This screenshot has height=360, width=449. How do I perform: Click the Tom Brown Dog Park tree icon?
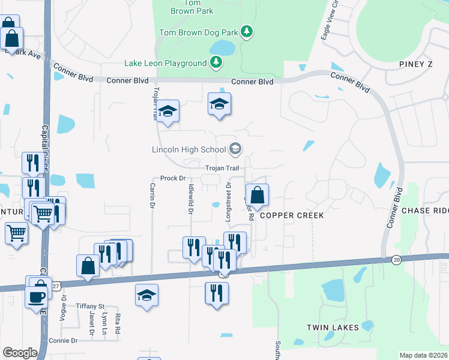(247, 31)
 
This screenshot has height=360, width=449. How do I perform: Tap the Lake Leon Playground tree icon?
(215, 62)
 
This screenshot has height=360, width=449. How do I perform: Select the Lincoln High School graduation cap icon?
(235, 148)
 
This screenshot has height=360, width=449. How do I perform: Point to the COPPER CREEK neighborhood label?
(292, 215)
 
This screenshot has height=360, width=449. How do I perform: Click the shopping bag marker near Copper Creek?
(257, 196)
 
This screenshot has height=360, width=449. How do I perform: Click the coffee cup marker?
(36, 296)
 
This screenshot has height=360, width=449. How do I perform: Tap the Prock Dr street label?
(172, 178)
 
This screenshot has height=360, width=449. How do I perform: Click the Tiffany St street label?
(90, 306)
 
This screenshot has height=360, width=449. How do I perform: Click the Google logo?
(20, 353)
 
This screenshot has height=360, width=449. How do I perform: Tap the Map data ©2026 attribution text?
(423, 355)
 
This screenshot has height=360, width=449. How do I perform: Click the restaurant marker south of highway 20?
(216, 293)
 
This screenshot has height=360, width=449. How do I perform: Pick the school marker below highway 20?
(146, 295)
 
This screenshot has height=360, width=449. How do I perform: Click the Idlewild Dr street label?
(191, 200)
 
